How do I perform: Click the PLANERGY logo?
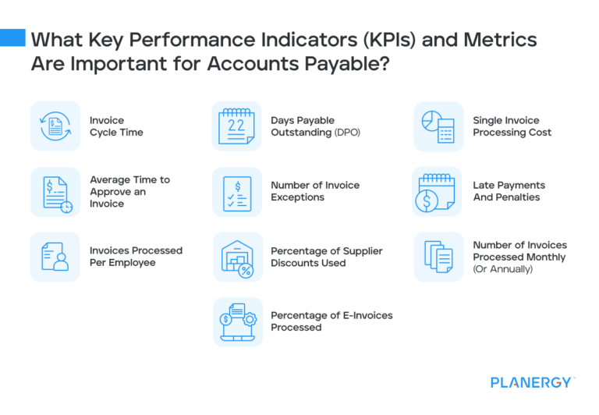pyautogui.click(x=533, y=382)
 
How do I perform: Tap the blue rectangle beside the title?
pyautogui.click(x=12, y=37)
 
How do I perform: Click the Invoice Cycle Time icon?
pyautogui.click(x=55, y=126)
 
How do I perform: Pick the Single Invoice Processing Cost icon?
pyautogui.click(x=438, y=126)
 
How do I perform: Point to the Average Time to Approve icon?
pyautogui.click(x=55, y=192)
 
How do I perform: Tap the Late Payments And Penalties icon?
pyautogui.click(x=437, y=192)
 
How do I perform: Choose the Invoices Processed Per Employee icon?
pyautogui.click(x=55, y=257)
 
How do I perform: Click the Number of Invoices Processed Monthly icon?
pyautogui.click(x=438, y=257)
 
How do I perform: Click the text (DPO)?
pyautogui.click(x=349, y=133)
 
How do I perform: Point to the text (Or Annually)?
pyautogui.click(x=502, y=269)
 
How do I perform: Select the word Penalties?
pyautogui.click(x=517, y=197)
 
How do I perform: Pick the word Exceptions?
pyautogui.click(x=299, y=197)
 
